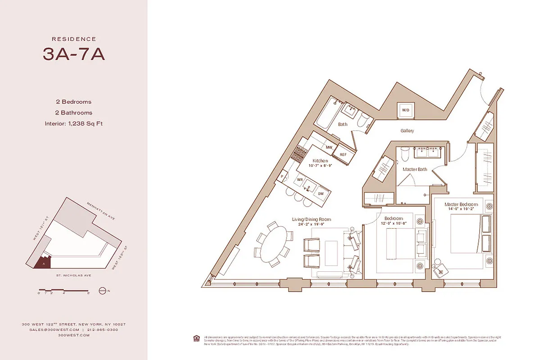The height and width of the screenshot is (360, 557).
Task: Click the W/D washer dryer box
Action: coord(405,110)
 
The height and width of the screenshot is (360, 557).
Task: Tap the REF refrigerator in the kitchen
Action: coord(343,154)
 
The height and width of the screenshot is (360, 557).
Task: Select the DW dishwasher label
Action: coord(321,193)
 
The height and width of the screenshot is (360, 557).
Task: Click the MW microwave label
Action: coord(329,147)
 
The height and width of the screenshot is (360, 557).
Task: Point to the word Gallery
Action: coord(407,131)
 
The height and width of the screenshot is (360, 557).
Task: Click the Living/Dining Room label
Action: coord(309,220)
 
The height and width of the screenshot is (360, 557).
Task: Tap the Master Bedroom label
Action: coord(461,204)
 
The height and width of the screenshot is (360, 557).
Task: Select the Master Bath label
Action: coord(415,169)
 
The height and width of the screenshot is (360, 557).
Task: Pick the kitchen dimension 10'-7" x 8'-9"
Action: coord(321,166)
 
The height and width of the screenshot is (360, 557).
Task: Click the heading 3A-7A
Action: coord(74,54)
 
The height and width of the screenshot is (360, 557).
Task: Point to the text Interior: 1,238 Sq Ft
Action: coord(74,123)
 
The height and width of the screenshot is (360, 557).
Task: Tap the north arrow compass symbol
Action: coord(102,291)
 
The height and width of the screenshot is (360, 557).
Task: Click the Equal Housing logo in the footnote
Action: coord(196,338)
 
